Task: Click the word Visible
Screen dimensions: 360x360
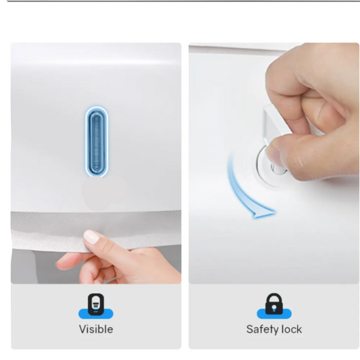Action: click(x=96, y=330)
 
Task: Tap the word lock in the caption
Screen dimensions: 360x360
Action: click(x=291, y=330)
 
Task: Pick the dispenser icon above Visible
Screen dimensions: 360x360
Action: click(x=96, y=305)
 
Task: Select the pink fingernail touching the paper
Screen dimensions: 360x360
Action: click(x=91, y=236)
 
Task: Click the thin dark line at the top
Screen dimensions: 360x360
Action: click(x=180, y=1)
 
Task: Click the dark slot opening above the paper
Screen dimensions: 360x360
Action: click(x=96, y=211)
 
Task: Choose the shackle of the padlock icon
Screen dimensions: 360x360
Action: click(x=274, y=300)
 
